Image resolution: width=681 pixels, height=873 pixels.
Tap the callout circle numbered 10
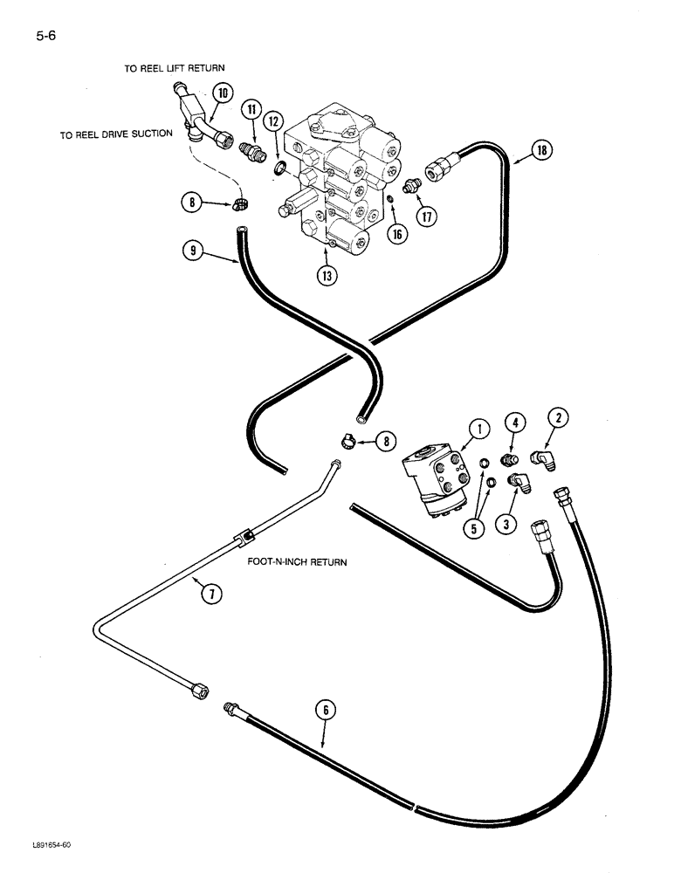(x=221, y=93)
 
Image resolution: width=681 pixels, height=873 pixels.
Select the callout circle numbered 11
(x=252, y=110)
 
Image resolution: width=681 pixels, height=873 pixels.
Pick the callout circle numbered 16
(x=399, y=234)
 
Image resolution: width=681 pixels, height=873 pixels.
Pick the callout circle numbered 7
(x=210, y=595)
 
